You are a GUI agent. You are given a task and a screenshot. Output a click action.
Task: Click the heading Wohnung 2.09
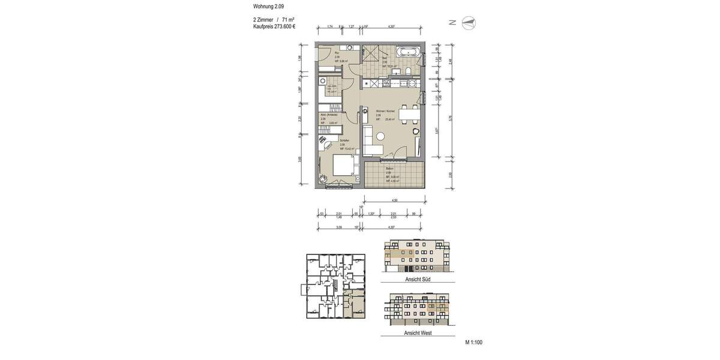(268, 6)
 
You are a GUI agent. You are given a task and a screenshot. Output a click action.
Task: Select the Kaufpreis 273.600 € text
(274, 27)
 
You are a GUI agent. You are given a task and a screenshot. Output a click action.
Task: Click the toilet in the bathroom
(408, 72)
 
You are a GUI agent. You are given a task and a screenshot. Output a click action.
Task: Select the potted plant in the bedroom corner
(323, 178)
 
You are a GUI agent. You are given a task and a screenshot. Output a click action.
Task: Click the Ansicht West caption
(418, 332)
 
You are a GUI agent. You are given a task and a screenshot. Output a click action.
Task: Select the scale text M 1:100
(473, 343)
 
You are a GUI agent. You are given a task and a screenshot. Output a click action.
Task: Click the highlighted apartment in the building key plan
(356, 304)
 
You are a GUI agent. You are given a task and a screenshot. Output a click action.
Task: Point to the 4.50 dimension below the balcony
(394, 200)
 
